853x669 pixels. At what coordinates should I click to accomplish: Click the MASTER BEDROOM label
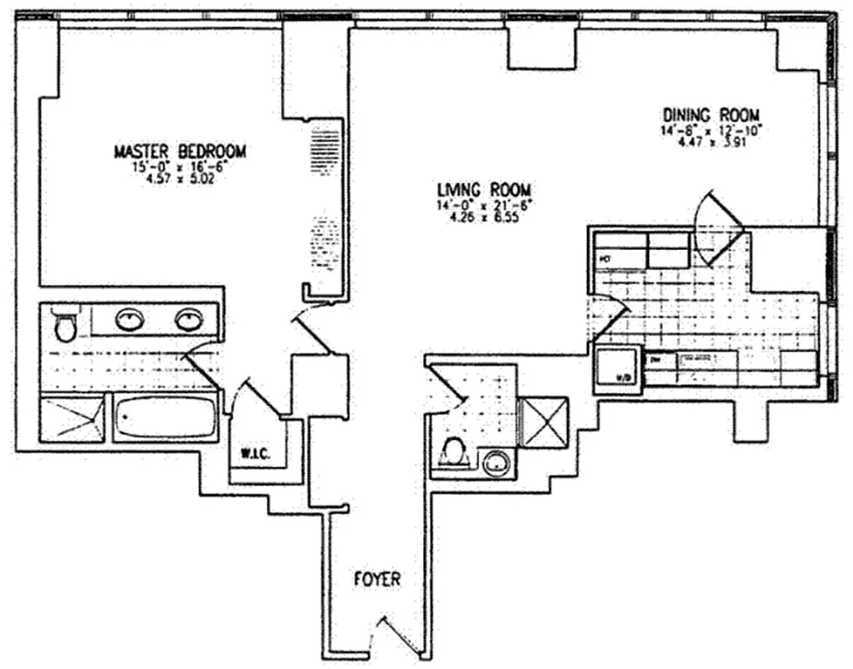click(x=180, y=151)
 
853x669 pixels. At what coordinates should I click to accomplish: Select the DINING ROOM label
click(x=711, y=115)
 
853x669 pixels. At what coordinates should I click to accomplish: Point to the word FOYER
click(x=376, y=579)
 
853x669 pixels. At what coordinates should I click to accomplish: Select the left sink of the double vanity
click(x=128, y=319)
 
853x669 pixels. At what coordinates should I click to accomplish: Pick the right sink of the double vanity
click(x=188, y=319)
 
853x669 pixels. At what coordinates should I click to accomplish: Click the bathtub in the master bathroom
click(x=165, y=417)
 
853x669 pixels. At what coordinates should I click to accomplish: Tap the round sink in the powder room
click(x=496, y=462)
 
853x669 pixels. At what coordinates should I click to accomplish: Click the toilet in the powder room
click(x=452, y=452)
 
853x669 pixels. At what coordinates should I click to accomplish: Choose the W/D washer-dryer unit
click(x=617, y=369)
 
